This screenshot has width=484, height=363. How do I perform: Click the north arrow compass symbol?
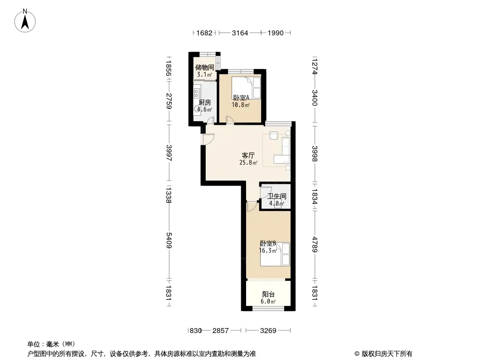[x=25, y=21]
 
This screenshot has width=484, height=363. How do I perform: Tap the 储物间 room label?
[x=205, y=67]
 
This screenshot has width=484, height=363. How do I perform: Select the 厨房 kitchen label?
[x=205, y=103]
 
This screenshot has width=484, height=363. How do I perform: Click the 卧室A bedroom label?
[x=241, y=98]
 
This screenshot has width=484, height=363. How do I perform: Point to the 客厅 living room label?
[x=248, y=156]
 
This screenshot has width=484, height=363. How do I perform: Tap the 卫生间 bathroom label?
[x=277, y=196]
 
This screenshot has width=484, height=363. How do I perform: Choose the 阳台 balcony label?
[x=268, y=294]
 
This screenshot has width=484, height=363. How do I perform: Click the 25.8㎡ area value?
[x=248, y=162]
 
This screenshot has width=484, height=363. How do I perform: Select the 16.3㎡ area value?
[x=267, y=250]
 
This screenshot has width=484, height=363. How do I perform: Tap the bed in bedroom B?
[x=275, y=254]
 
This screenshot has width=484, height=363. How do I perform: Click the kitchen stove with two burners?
[x=197, y=92]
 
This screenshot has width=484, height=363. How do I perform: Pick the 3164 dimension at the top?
[x=240, y=33]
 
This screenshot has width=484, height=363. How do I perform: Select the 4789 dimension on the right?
[x=315, y=245]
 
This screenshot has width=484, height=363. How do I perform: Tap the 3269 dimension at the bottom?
[x=268, y=331]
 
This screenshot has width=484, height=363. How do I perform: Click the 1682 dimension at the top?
[x=204, y=33]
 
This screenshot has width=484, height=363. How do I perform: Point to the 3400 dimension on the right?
[x=315, y=98]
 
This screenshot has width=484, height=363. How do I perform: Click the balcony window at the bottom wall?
[x=268, y=308]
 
